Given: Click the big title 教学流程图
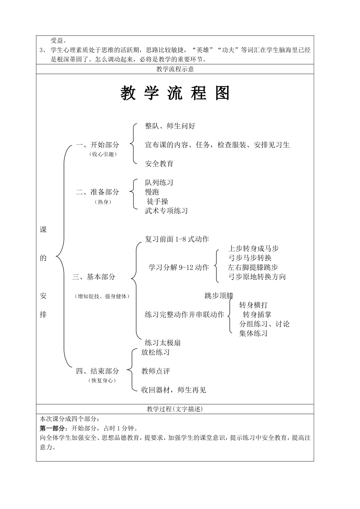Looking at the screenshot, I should click(175, 93).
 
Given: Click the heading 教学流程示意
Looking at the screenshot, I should click(175, 69).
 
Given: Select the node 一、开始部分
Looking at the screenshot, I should click(97, 145).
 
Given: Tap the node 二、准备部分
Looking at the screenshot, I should click(97, 192).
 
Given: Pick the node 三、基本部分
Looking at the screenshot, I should click(94, 277).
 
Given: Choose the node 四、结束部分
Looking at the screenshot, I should click(97, 371).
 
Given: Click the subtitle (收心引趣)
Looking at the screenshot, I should click(103, 154).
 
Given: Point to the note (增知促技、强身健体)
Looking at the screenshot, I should click(102, 297).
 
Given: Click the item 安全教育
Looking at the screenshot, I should click(159, 164).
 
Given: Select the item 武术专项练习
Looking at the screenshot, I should click(166, 211).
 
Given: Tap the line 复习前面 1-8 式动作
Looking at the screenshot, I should click(177, 239).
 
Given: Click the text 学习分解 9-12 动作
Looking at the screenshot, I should click(178, 268).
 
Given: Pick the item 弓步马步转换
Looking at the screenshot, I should click(250, 258).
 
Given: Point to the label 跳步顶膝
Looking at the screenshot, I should click(219, 296).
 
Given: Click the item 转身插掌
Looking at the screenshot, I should click(257, 315).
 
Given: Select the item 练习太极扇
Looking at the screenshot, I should click(163, 343).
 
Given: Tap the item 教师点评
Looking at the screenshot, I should click(156, 371).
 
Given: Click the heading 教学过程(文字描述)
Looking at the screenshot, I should click(175, 409).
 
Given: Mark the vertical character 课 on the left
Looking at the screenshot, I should click(43, 230).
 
